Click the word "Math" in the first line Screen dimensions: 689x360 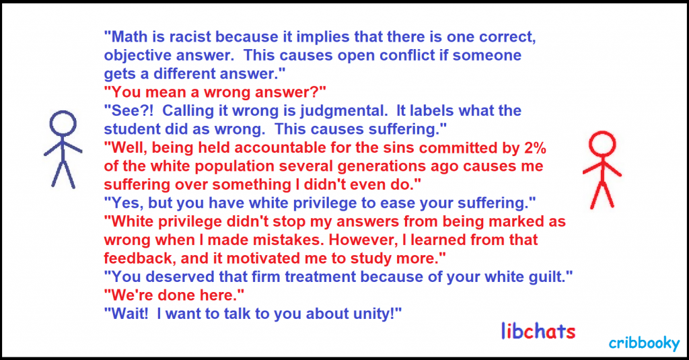click(x=130, y=36)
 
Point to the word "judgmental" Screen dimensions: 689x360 click(x=343, y=111)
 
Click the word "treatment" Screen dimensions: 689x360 click(x=319, y=277)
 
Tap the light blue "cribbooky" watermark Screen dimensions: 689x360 click(x=644, y=343)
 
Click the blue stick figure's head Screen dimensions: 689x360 click(x=63, y=123)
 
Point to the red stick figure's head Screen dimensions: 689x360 click(x=602, y=143)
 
